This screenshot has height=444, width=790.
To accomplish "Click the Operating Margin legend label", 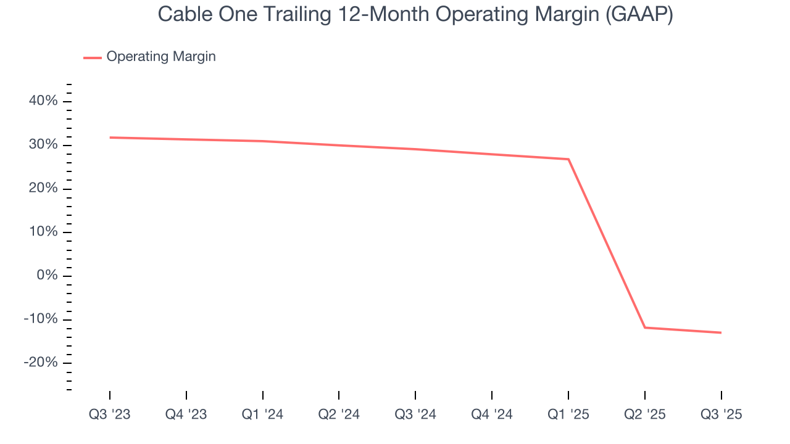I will (x=161, y=57).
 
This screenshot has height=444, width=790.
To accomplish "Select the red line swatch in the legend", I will (x=93, y=57).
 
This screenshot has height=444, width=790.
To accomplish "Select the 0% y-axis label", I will (x=46, y=275).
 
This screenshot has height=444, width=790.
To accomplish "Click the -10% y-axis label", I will (x=41, y=319).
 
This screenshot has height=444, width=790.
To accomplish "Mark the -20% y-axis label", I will (x=41, y=362).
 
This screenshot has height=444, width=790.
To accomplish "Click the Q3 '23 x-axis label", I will (x=110, y=414).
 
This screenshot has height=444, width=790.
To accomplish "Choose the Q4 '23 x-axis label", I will (x=186, y=414).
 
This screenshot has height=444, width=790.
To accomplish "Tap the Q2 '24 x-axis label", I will (x=339, y=414).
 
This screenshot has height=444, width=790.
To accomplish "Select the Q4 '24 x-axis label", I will (x=492, y=414).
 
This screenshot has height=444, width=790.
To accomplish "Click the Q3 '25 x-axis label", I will (x=721, y=414).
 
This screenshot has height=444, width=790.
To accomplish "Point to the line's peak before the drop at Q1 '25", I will (x=568, y=159).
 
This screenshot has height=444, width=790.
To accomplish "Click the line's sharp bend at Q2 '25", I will (x=645, y=327).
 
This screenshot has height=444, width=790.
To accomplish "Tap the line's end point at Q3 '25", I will (x=721, y=333).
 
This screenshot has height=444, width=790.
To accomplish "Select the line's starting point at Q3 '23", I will (x=110, y=138).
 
